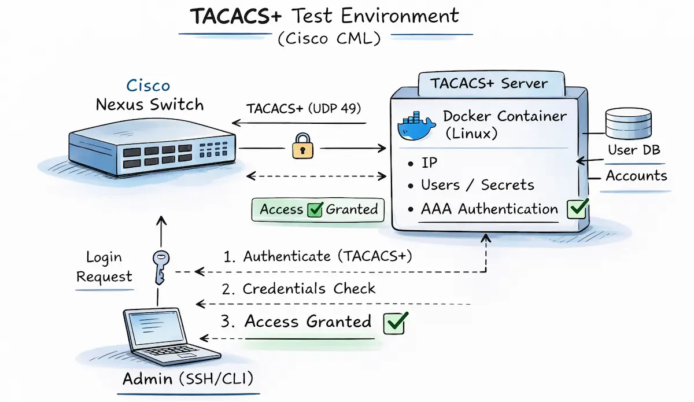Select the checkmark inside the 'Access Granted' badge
point(315,209)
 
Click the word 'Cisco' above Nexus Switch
point(148,86)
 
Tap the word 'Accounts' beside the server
point(636,175)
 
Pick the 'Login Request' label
point(104,267)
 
